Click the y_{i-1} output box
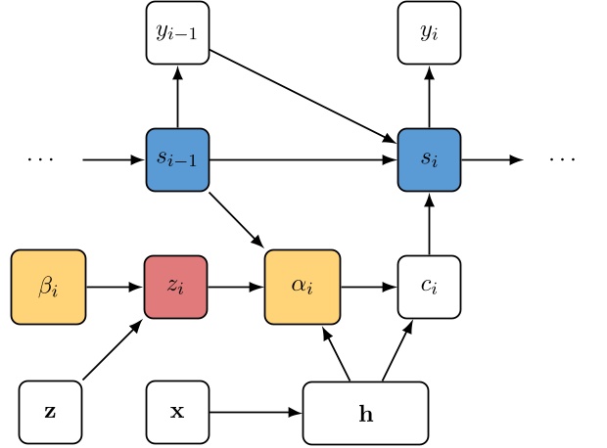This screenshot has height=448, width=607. tap(177, 33)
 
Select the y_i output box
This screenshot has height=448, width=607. tap(429, 33)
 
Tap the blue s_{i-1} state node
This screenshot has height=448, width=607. tap(177, 159)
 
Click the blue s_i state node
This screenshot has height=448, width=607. tap(429, 159)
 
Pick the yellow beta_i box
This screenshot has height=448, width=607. tap(48, 288)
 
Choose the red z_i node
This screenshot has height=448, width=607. tap(176, 288)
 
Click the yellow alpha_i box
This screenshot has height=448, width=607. tap(303, 288)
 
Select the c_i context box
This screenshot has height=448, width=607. tap(429, 288)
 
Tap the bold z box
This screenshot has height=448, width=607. tap(50, 412)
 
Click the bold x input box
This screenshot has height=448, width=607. tap(177, 412)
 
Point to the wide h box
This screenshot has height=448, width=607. tap(365, 413)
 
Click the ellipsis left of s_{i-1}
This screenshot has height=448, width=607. tap(40, 159)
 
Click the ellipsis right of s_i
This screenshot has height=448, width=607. tap(562, 159)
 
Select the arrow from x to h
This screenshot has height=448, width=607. tap(256, 412)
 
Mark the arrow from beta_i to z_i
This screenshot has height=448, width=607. tap(115, 288)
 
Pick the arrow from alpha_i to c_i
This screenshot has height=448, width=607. tap(369, 288)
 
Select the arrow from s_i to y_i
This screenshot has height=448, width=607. tap(429, 96)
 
